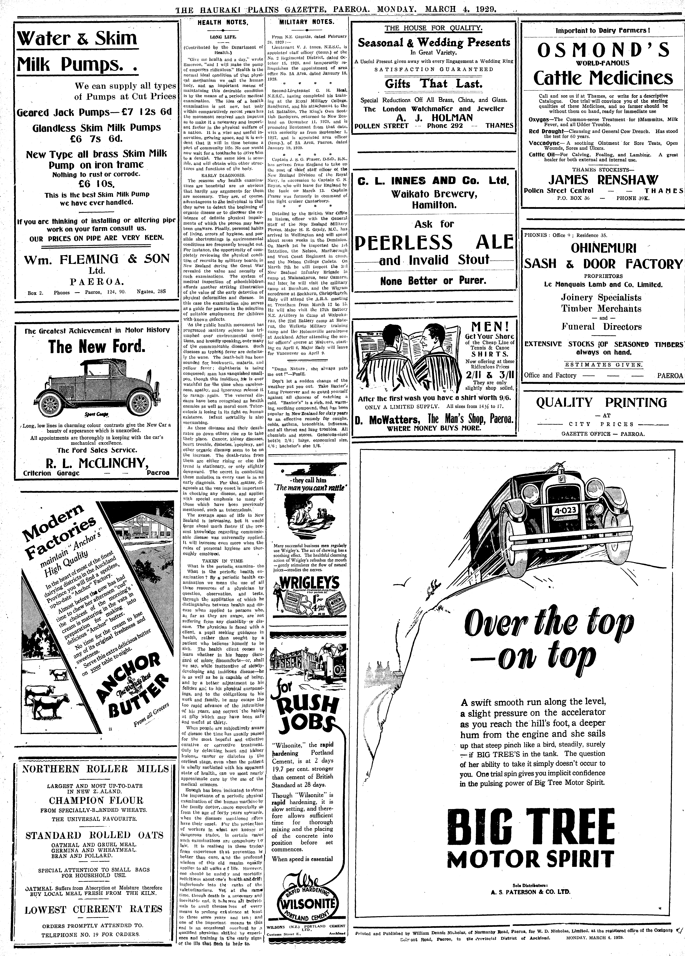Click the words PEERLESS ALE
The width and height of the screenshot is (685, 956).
pos(434,242)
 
